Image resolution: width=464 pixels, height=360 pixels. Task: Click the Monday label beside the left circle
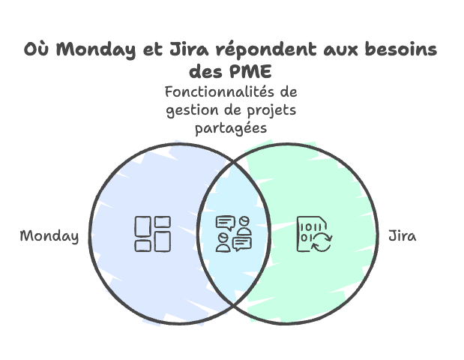tap(49, 236)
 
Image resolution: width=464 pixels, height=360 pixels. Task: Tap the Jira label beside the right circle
tap(403, 236)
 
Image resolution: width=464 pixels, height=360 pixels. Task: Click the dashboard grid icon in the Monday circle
tap(152, 233)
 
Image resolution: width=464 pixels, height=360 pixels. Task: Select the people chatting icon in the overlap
tap(232, 233)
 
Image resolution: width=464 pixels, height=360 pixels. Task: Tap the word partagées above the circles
tap(232, 129)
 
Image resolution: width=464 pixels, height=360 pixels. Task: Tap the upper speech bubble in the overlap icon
tap(226, 222)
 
